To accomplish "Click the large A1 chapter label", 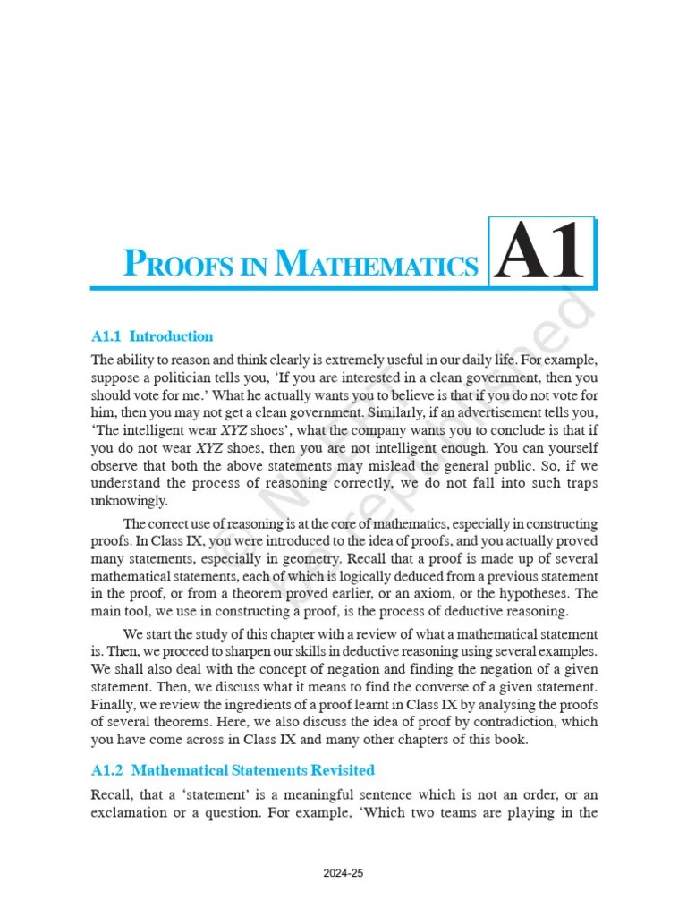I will (542, 254).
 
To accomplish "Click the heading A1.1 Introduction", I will (152, 336).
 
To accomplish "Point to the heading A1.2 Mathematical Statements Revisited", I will (233, 769).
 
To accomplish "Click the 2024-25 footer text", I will (343, 874).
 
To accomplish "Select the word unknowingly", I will (129, 500).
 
